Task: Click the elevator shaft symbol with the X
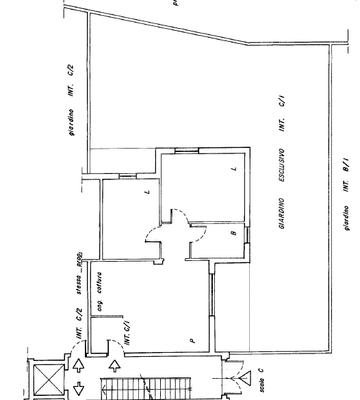coord(46,376)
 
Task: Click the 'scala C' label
coord(262,382)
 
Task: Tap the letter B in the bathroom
coord(233,234)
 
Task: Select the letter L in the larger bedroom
coord(233,169)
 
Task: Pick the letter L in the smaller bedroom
coord(147,192)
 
